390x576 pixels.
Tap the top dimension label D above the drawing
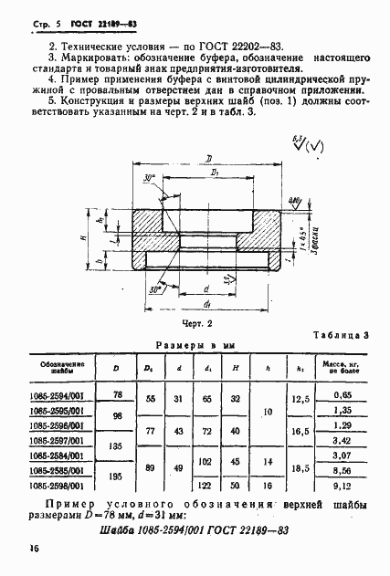pyautogui.click(x=209, y=158)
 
